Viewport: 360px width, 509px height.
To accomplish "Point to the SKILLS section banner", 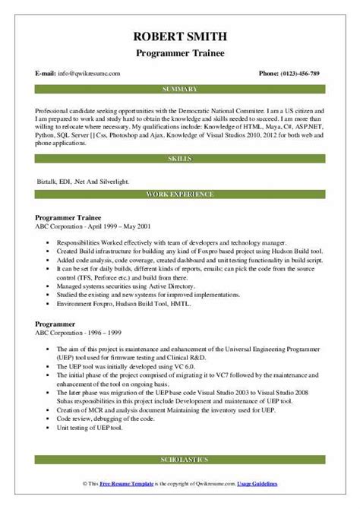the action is (180, 158).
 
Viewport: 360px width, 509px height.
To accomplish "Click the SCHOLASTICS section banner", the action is (180, 461).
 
